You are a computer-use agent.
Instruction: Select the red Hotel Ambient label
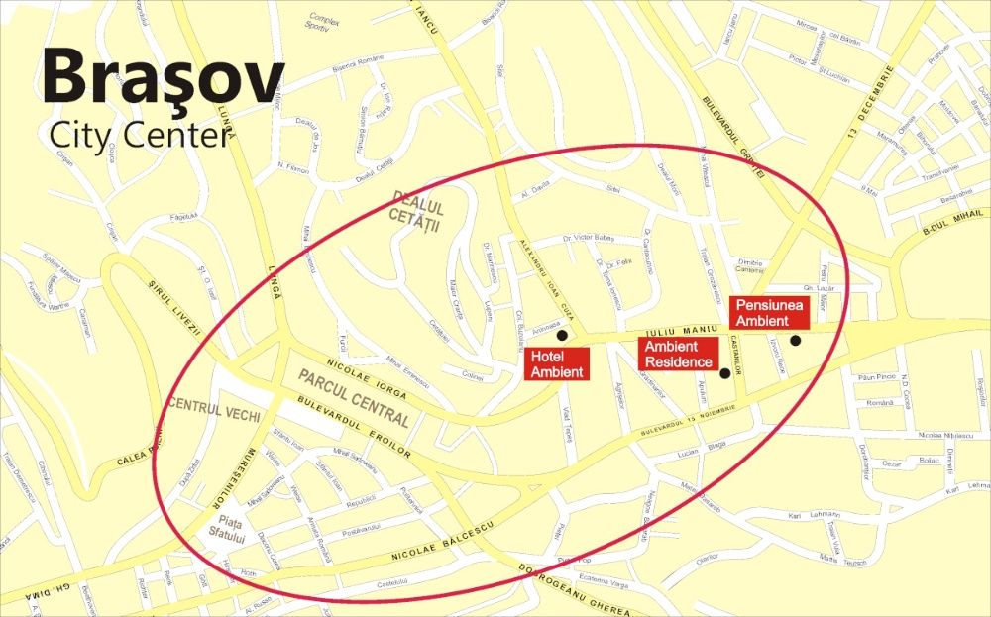[557, 364]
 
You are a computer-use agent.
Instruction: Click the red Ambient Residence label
[678, 354]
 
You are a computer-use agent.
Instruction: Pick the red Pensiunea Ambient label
[770, 312]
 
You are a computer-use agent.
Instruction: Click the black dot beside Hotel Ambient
[563, 336]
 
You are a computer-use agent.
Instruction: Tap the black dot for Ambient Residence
[724, 373]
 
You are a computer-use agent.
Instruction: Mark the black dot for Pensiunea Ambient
[795, 341]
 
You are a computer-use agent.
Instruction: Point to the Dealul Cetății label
[417, 217]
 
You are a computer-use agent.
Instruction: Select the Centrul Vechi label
[209, 405]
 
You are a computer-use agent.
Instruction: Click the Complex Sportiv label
[323, 22]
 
